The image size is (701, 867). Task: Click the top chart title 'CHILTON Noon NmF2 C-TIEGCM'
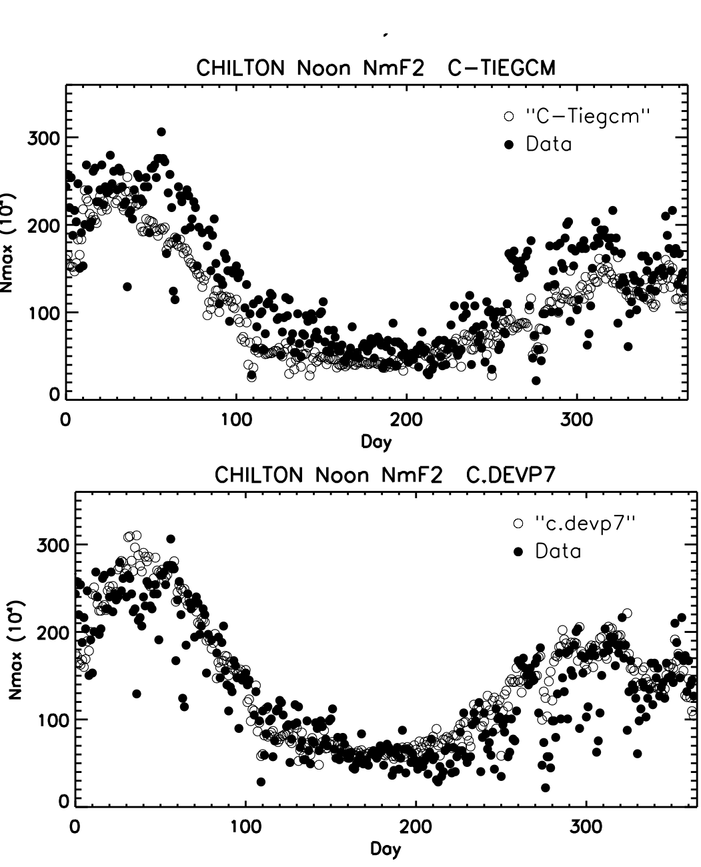376,68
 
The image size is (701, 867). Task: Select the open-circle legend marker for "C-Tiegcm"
510,116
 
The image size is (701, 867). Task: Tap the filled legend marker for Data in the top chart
510,143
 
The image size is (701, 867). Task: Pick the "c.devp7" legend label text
586,524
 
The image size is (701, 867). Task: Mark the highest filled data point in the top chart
161,131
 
